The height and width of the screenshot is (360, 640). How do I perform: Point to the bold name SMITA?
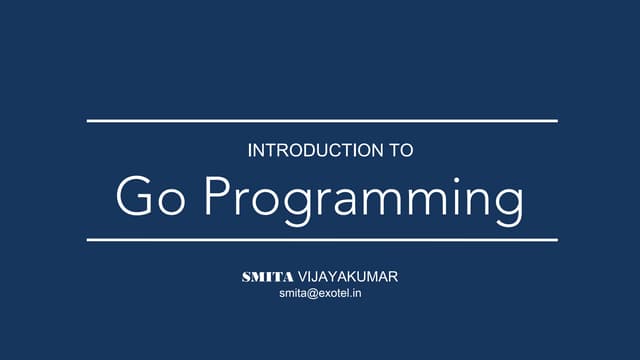pos(268,277)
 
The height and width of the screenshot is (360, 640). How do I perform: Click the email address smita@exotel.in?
pos(320,295)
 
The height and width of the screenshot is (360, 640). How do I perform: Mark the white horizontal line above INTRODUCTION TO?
pos(321,121)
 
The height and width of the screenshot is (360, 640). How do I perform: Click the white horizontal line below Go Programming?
pos(321,240)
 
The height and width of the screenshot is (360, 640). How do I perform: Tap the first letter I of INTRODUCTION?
pos(249,152)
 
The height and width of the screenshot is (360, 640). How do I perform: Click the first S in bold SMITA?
pos(248,277)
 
